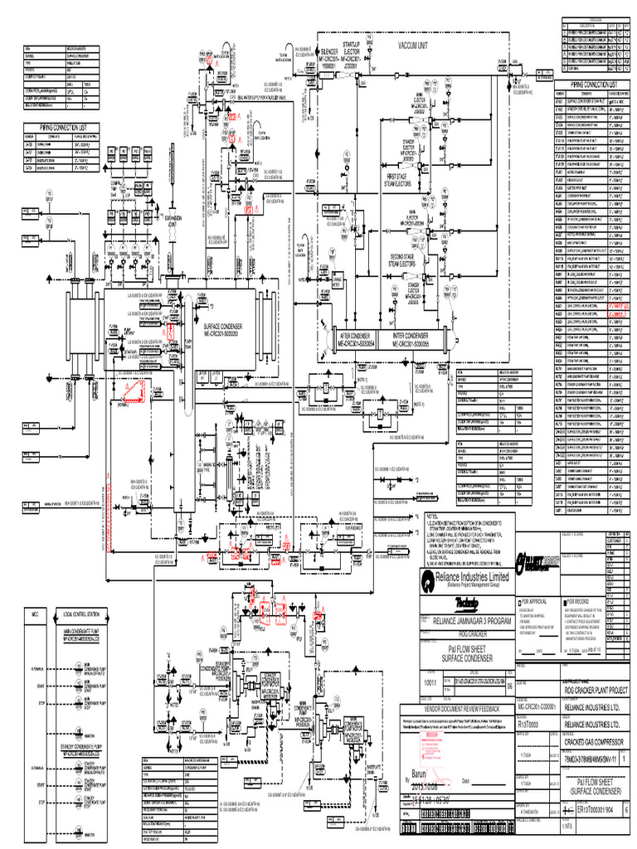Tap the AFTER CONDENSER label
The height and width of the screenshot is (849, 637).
(357, 337)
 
